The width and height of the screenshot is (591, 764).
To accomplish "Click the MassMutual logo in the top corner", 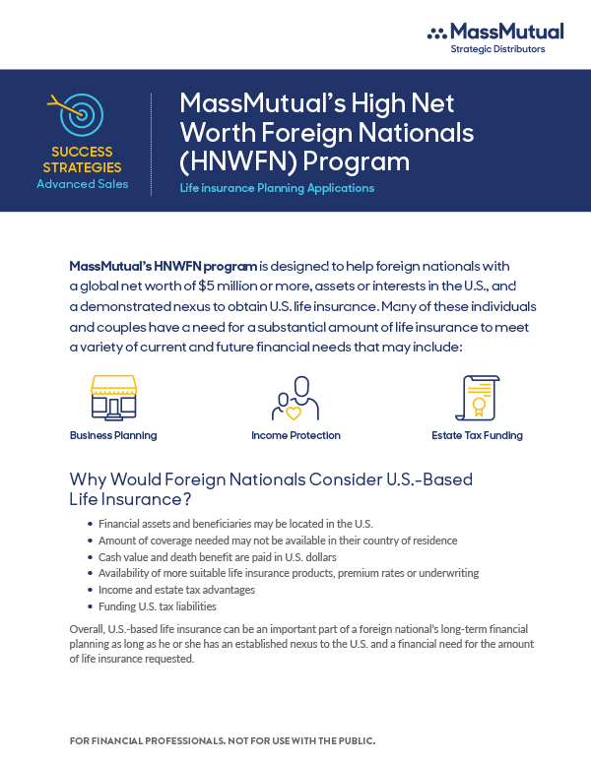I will pyautogui.click(x=495, y=32).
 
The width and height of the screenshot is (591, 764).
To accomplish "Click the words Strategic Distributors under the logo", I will pyautogui.click(x=497, y=49).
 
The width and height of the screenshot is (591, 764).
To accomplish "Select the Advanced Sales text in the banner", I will pyautogui.click(x=82, y=183).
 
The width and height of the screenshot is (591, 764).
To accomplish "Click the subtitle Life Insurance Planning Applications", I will pyautogui.click(x=277, y=187).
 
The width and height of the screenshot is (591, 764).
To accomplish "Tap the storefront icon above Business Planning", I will pyautogui.click(x=112, y=397).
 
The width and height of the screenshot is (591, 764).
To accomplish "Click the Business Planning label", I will pyautogui.click(x=113, y=435).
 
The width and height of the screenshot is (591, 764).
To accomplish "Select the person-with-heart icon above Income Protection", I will pyautogui.click(x=295, y=398).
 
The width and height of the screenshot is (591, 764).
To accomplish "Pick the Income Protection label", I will pyautogui.click(x=295, y=435).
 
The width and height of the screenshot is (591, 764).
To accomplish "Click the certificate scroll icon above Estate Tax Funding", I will pyautogui.click(x=477, y=398).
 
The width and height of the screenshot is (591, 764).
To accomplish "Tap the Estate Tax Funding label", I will pyautogui.click(x=477, y=435).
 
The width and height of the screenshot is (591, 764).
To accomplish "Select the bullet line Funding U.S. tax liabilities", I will pyautogui.click(x=158, y=606).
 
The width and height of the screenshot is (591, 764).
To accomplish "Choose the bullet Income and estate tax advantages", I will pyautogui.click(x=176, y=590).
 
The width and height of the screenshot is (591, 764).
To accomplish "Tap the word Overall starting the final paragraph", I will pyautogui.click(x=87, y=627).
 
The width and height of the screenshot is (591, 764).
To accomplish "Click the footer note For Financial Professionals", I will pyautogui.click(x=223, y=739).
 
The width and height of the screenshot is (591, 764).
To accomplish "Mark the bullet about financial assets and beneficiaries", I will pyautogui.click(x=235, y=524).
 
